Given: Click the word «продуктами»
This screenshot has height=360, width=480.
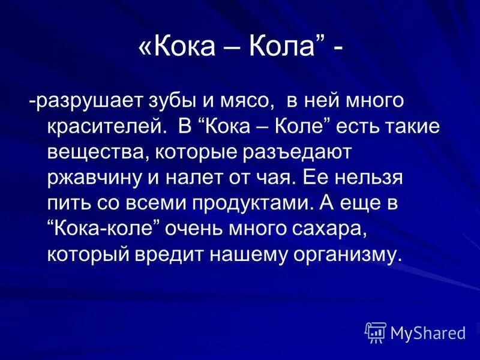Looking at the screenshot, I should click(253, 203).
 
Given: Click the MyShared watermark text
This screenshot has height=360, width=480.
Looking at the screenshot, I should click(428, 332).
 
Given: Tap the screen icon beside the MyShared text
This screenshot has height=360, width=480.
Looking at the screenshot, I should click(375, 332).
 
